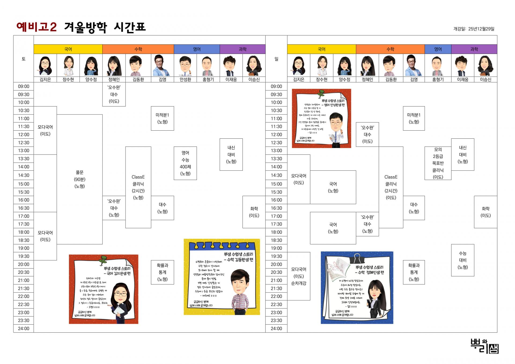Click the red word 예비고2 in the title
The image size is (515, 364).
tap(36, 27)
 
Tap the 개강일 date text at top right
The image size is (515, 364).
tap(474, 29)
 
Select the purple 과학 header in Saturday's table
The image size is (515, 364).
tap(242, 49)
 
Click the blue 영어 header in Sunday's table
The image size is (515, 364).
tap(438, 49)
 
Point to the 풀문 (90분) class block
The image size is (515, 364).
tap(80, 179)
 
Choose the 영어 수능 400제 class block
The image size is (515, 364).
tap(185, 163)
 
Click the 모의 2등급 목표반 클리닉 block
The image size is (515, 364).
tap(438, 163)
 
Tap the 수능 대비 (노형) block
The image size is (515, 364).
tap(462, 260)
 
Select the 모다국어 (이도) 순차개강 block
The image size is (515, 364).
tap(299, 276)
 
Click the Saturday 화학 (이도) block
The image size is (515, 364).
tap(254, 212)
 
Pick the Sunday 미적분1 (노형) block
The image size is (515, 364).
tap(414, 118)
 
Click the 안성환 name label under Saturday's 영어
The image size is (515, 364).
tap(185, 79)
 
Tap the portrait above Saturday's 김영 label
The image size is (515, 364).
tap(162, 65)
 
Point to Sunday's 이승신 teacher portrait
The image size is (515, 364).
tap(485, 65)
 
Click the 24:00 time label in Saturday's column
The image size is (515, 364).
tap(24, 329)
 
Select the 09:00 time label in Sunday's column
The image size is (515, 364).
tap(276, 86)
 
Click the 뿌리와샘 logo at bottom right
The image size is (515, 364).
tap(484, 346)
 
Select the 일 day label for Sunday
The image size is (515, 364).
tap(276, 59)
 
